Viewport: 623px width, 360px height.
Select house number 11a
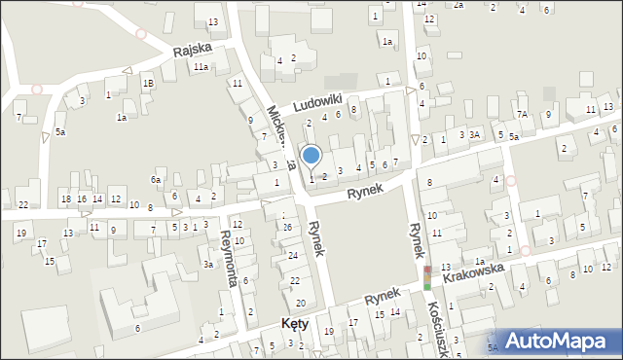(200, 67)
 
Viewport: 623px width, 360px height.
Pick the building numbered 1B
(148, 84)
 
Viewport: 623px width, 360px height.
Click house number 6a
(155, 180)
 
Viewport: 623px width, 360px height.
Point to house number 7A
(522, 115)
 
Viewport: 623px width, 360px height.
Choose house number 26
(287, 227)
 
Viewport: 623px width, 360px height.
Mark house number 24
(293, 255)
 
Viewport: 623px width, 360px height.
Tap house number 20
(300, 304)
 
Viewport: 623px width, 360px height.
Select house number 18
(66, 199)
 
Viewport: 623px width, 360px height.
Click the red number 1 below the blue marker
(311, 178)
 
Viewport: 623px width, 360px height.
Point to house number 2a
(458, 5)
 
